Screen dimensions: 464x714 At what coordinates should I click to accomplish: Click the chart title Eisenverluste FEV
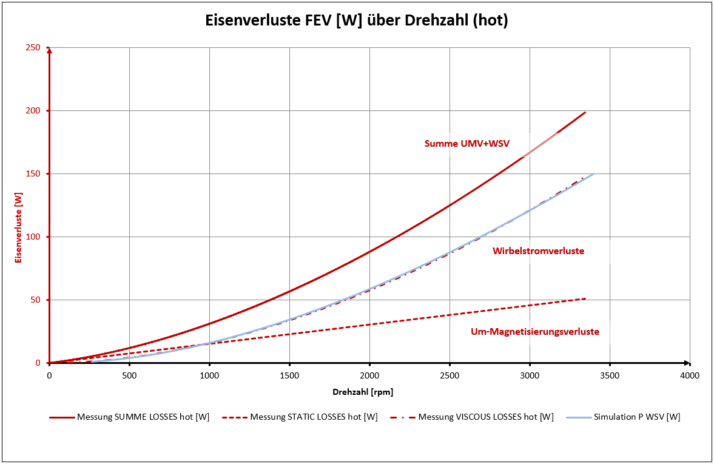[357, 21]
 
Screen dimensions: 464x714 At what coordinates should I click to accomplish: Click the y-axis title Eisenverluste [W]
[18, 227]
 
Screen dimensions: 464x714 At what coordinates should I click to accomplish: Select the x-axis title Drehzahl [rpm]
[362, 392]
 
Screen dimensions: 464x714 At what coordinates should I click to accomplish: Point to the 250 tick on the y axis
[33, 48]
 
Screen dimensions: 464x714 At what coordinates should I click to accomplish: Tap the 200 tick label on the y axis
[33, 111]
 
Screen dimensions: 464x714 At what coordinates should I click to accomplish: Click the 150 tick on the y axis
[33, 174]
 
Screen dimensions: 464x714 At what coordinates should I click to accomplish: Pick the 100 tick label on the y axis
[33, 237]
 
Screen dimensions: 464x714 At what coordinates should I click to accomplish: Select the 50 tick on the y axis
[36, 300]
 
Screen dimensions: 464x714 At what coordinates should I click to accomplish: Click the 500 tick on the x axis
[129, 375]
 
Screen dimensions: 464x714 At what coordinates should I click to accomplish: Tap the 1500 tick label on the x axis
[289, 375]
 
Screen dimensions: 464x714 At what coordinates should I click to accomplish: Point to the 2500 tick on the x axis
[450, 375]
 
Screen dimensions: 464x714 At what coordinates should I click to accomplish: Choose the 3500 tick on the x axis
[610, 375]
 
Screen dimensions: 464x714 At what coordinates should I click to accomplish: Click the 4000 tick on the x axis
[690, 375]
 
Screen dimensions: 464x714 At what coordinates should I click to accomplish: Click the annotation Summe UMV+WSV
[466, 144]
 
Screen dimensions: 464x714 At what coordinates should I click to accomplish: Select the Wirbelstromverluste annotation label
[538, 250]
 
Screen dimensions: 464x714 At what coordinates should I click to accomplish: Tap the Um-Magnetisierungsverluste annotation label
[535, 332]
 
